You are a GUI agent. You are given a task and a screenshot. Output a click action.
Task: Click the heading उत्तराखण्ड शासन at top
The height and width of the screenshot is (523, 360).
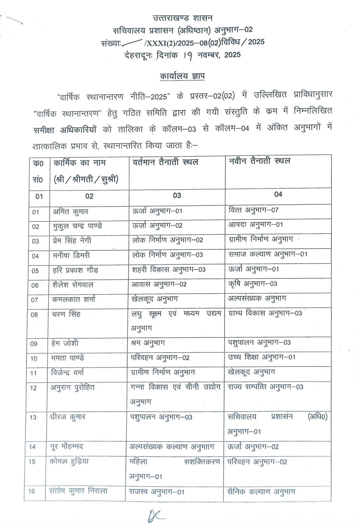pos(182,18)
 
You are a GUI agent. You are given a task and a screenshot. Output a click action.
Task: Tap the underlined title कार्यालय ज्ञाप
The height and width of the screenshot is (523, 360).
pos(182,77)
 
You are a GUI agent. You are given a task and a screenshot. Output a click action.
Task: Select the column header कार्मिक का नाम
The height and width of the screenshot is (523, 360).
pos(79,163)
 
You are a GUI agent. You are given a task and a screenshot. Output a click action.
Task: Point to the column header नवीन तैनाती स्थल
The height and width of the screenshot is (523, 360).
pos(259,161)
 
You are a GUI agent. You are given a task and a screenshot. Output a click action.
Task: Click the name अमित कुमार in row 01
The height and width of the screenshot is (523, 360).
pos(70,211)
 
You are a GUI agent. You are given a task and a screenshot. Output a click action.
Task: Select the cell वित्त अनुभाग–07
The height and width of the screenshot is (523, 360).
pos(253,210)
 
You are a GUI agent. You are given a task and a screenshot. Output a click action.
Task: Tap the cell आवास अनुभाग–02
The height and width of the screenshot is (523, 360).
pos(159,284)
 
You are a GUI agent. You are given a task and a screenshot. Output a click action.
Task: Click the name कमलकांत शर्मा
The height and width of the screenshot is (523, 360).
pos(74,299)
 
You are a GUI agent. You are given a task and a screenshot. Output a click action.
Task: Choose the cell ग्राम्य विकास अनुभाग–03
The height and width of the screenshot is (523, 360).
pos(265,313)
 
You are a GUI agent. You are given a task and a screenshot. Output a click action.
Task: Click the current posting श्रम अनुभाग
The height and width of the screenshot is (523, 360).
pos(148,343)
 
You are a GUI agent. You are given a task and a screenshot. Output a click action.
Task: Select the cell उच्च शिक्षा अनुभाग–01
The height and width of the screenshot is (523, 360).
pos(262,357)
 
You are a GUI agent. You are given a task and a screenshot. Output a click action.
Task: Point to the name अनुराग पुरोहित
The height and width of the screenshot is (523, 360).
pos(72,387)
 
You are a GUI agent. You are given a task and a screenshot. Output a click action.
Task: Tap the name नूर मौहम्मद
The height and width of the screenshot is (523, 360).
pos(66,446)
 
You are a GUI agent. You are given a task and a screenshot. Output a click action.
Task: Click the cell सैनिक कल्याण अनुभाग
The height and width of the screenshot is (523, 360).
pos(261,492)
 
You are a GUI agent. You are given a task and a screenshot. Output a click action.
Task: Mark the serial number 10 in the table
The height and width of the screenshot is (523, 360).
pos(34,358)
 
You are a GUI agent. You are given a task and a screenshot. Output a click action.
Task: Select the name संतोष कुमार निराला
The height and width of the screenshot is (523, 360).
pos(78,491)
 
